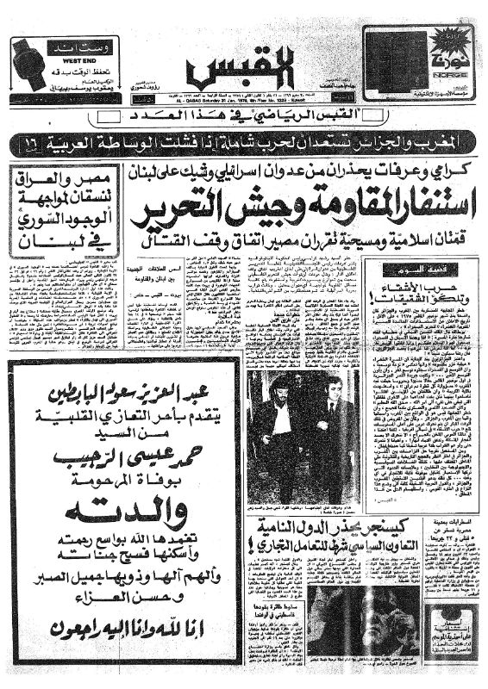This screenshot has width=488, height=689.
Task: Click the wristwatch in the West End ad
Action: (33, 65)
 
